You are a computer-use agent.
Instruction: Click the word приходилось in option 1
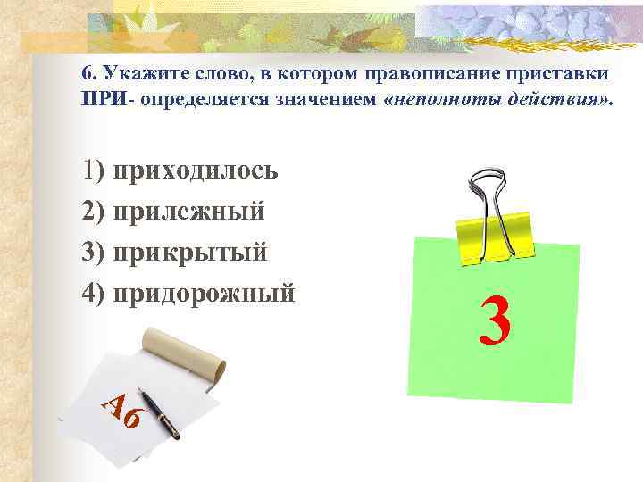196,170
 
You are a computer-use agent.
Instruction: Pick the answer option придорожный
205,293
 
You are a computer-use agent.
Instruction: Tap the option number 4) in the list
94,293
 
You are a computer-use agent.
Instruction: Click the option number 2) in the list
94,212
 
